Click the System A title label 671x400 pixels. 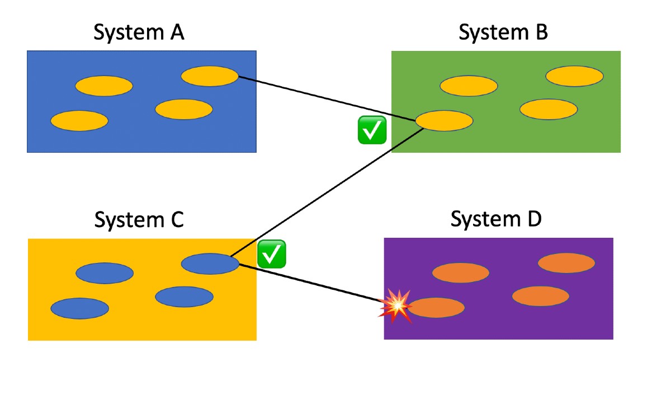[x=139, y=33]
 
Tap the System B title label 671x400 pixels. [x=503, y=33]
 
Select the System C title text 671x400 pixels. [x=139, y=220]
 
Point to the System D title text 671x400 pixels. [x=496, y=219]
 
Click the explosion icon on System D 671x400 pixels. [x=395, y=306]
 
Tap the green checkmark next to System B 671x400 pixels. [x=372, y=130]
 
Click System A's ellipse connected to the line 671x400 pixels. [x=210, y=76]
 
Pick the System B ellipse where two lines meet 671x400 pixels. [x=444, y=121]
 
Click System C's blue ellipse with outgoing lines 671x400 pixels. [x=210, y=263]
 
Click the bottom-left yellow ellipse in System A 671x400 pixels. [x=79, y=121]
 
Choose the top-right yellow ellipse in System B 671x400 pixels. [x=574, y=76]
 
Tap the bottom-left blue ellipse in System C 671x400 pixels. [x=79, y=308]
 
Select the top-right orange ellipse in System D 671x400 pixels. [x=566, y=263]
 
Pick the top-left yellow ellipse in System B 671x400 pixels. [x=469, y=86]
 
